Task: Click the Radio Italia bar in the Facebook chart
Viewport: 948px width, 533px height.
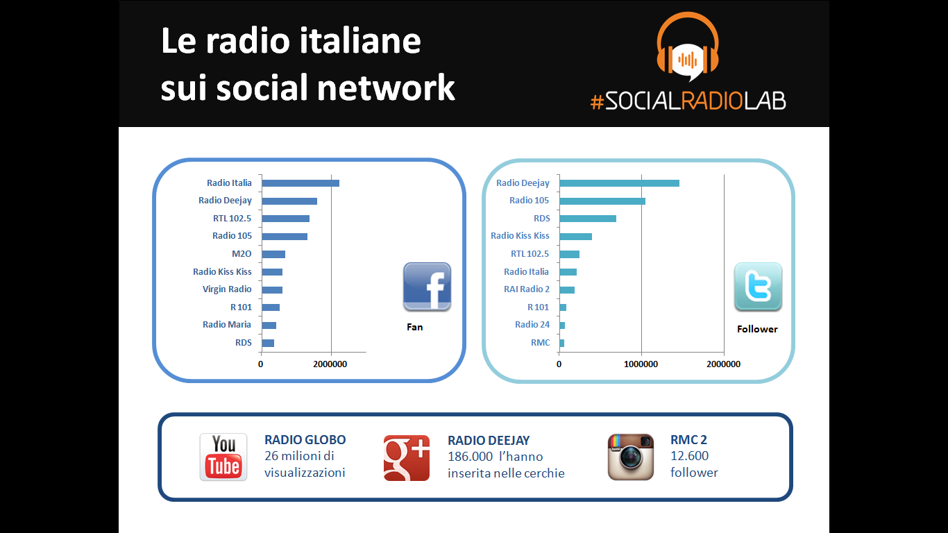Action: coord(301,183)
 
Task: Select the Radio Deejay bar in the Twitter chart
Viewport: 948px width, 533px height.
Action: coord(619,183)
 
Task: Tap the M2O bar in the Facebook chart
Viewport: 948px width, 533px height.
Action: coord(273,255)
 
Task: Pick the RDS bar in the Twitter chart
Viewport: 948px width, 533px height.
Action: coord(588,219)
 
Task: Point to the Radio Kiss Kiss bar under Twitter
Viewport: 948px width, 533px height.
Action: coord(575,237)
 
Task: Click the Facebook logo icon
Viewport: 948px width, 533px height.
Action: coord(427,287)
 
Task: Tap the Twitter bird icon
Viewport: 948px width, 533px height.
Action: coord(758,287)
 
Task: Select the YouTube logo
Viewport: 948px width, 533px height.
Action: coord(223,457)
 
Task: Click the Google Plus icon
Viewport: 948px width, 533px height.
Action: coord(407,458)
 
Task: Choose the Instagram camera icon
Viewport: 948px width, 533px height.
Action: coord(631,457)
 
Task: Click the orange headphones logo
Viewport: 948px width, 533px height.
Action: coord(688,46)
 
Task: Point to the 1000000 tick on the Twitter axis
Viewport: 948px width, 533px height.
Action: coord(641,364)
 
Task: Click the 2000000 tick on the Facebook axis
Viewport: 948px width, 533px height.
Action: coord(330,364)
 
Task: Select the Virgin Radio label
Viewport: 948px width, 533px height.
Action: coord(227,289)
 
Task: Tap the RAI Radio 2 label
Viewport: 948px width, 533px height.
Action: coord(527,289)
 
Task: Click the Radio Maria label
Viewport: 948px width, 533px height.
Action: coord(227,325)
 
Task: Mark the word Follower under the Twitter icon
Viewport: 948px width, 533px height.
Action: coord(757,330)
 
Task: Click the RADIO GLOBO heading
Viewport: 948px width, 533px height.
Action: coord(305,440)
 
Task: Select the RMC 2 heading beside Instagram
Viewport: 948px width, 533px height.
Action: coord(688,440)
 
